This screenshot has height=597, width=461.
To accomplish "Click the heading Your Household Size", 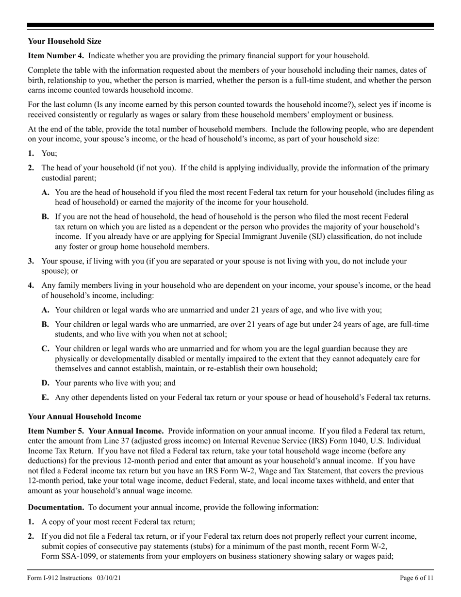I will point(65,41).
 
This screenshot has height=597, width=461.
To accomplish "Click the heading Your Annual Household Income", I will point(84,416).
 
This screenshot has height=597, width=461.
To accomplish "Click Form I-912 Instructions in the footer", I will point(60,578).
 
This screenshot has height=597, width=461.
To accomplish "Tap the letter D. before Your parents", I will point(45,383).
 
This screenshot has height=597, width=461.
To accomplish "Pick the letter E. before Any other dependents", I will point(45,398).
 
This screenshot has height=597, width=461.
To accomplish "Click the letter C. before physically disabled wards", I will point(45,348).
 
